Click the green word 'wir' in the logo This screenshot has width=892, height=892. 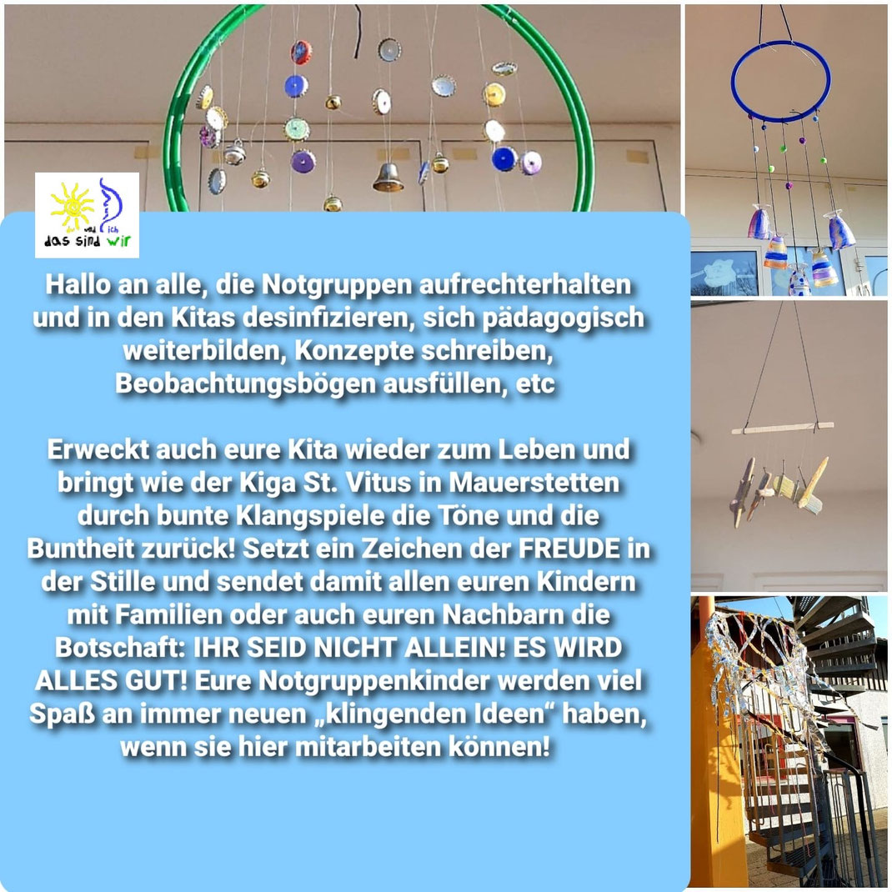(x=118, y=241)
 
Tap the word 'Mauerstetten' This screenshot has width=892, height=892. (x=534, y=483)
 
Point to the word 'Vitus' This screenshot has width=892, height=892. (x=378, y=483)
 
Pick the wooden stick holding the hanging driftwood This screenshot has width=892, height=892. (x=782, y=428)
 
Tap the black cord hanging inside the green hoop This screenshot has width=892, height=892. (x=358, y=32)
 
